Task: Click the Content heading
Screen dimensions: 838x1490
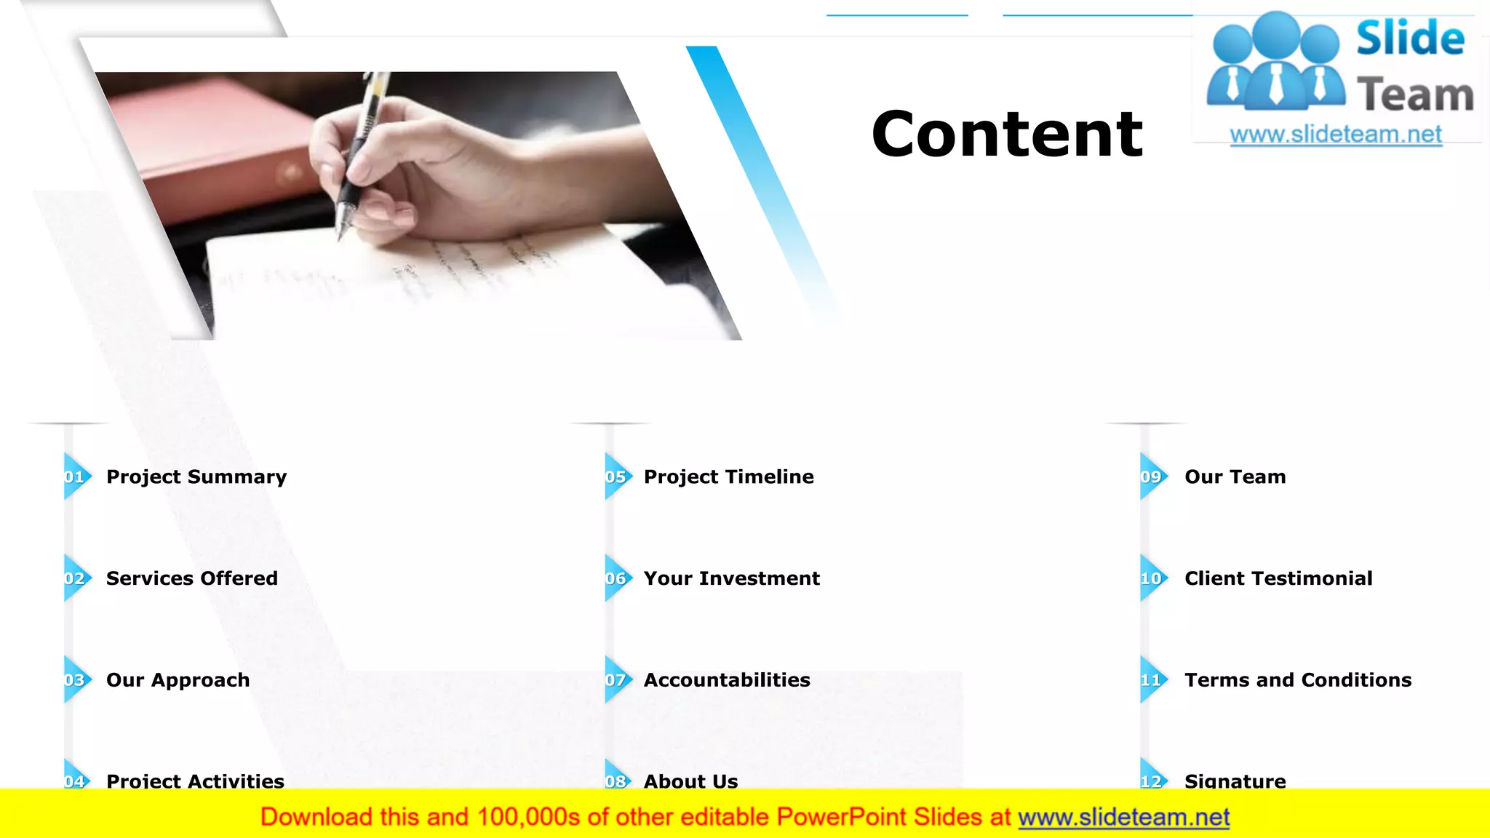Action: tap(1007, 134)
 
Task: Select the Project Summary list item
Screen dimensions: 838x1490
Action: tap(196, 477)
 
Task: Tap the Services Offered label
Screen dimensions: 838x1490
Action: tap(192, 578)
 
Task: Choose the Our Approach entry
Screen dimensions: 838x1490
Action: tap(178, 680)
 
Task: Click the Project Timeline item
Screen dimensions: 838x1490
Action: tap(729, 477)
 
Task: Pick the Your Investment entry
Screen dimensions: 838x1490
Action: tap(732, 578)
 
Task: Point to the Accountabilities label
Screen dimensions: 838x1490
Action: tap(727, 680)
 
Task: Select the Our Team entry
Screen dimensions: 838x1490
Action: tap(1235, 477)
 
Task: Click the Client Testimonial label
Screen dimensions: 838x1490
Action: tap(1278, 578)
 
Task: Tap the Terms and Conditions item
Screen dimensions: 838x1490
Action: tap(1298, 680)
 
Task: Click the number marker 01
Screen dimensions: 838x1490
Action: tap(76, 477)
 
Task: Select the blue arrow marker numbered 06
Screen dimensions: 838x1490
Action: tap(617, 578)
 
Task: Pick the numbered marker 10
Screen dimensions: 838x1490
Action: tap(1152, 578)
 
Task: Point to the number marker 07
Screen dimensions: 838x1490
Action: tap(617, 680)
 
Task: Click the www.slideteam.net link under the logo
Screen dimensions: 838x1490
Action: tap(1336, 135)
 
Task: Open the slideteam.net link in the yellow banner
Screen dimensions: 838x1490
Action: tap(1124, 818)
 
